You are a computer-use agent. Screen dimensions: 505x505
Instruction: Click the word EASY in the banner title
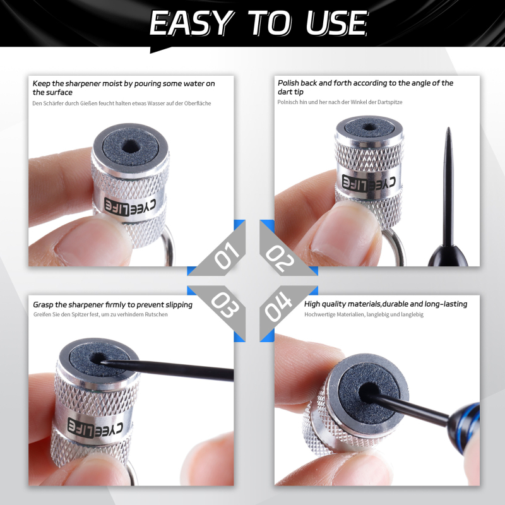191,23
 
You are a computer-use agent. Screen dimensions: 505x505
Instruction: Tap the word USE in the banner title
336,23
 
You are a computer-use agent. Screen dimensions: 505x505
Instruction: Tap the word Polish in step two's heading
288,83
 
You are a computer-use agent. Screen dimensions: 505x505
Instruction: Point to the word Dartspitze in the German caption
389,102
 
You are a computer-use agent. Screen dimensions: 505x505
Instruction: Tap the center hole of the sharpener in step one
131,147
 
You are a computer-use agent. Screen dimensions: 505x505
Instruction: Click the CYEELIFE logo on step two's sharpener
369,184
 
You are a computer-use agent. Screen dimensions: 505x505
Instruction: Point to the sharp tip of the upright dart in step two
448,128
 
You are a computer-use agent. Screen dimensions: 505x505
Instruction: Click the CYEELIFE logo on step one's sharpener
130,206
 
